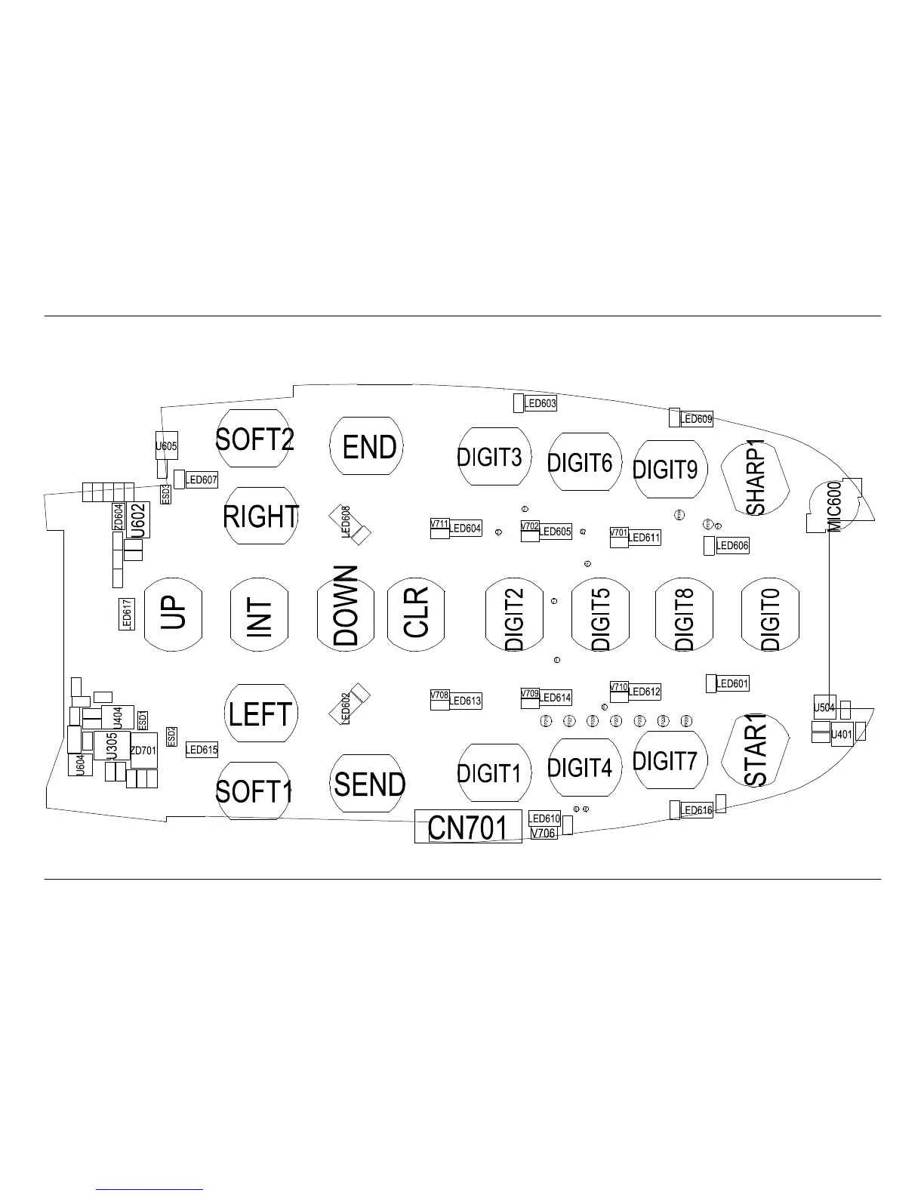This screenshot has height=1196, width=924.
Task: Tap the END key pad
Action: tap(368, 446)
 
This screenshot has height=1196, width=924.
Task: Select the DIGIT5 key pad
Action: tap(600, 615)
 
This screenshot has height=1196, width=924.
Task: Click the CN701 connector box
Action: tap(468, 827)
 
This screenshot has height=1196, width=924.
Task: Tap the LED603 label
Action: tap(541, 404)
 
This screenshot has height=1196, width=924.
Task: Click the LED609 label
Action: tap(696, 419)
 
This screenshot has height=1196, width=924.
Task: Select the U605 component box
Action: tap(166, 446)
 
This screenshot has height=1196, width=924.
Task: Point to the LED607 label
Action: tap(202, 480)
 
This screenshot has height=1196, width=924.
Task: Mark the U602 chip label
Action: tap(138, 520)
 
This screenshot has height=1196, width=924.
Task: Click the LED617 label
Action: tap(127, 614)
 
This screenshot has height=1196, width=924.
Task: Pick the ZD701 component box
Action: tap(143, 751)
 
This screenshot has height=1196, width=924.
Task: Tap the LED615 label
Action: tap(202, 750)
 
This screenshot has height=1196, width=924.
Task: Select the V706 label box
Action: tap(544, 833)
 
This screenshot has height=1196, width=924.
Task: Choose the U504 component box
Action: tap(824, 707)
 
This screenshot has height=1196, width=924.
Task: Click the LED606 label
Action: tap(732, 546)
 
